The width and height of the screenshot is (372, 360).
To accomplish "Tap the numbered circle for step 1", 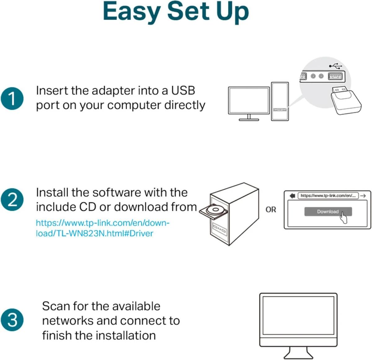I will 12,99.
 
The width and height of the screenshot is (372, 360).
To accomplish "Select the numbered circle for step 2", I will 12,200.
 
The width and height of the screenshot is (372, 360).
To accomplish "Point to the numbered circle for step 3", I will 12,319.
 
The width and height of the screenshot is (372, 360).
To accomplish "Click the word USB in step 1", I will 183,91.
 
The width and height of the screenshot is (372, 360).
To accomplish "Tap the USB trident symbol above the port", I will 335,66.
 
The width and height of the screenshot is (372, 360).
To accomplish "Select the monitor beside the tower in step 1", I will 249,100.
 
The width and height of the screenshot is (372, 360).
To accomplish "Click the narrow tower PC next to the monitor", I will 280,101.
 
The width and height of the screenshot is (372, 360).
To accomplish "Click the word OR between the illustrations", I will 271,210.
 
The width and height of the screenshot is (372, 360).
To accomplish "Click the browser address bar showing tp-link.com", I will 328,196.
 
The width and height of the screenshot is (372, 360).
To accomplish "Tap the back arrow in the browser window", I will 292,196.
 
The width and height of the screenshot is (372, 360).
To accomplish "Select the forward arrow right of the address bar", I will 363,196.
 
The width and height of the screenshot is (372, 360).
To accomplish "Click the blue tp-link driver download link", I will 102,228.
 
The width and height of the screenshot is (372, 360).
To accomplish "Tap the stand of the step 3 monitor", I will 298,353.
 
